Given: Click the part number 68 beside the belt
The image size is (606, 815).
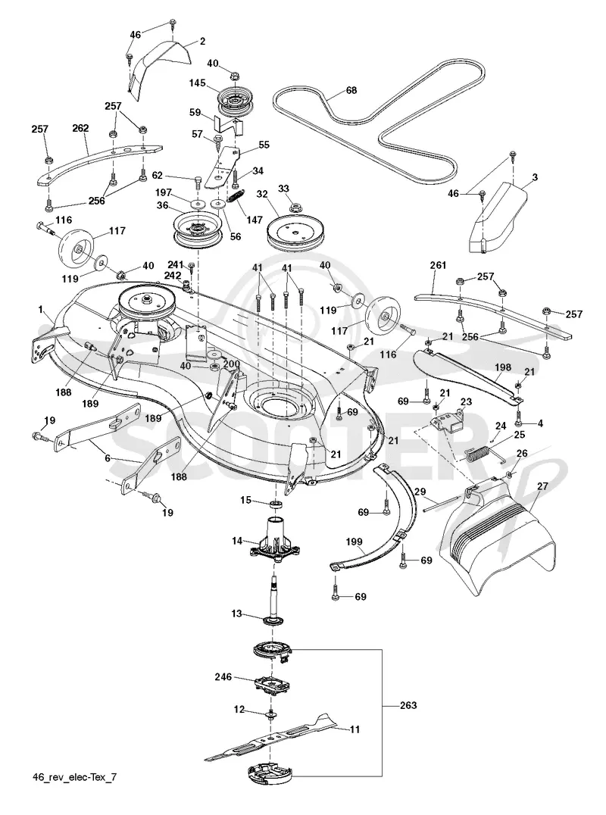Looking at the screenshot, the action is pos(351,90).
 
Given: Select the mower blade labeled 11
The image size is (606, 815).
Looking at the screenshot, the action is pos(270,738).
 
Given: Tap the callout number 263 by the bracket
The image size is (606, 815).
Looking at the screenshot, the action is pos(408,705).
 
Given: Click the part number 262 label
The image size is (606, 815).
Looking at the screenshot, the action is pos(80,128).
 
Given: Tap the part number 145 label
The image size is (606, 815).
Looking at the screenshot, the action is pos(197,83).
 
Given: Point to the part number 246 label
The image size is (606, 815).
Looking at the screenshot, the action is pos(223,676).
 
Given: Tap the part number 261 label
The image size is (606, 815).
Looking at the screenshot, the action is pos(438,265).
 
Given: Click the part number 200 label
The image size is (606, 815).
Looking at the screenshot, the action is pos(232,364).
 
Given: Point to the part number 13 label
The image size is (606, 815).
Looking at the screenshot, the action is pos(236,614).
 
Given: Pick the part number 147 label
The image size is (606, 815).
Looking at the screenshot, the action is pos(255,220).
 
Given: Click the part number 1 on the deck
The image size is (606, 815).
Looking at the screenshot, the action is pos(40,310).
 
